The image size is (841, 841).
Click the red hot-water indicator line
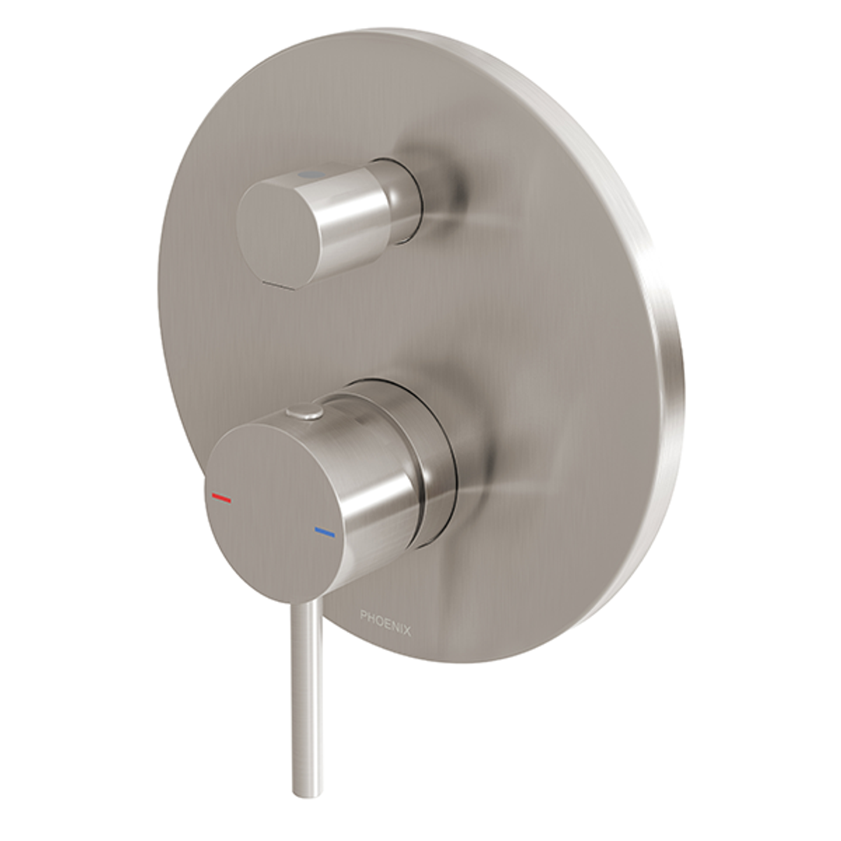click(x=221, y=497)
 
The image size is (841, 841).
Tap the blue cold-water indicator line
click(x=324, y=532)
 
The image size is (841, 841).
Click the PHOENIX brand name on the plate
click(x=385, y=622)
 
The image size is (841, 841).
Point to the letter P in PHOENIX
click(x=363, y=615)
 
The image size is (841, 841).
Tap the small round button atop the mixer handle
click(x=304, y=411)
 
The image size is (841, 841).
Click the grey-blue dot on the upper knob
click(x=309, y=177)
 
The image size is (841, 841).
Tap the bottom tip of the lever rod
click(x=306, y=790)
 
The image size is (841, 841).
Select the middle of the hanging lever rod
click(x=306, y=693)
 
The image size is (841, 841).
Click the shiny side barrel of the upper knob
click(x=350, y=218)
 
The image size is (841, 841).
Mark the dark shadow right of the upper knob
click(x=452, y=195)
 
